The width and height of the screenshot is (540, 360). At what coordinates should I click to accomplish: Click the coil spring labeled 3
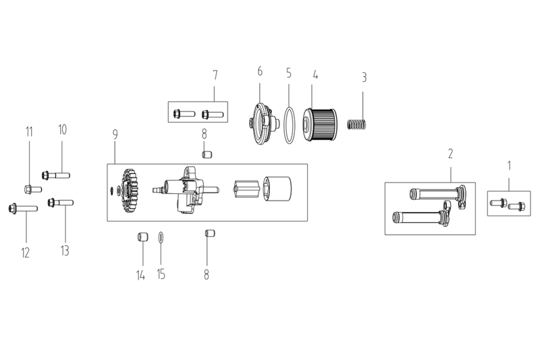[357, 124]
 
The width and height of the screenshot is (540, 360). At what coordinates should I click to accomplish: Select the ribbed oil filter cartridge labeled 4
[319, 125]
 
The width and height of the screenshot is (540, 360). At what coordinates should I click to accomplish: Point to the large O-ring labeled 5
[290, 126]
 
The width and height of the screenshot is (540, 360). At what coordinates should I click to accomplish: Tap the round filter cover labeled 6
[263, 124]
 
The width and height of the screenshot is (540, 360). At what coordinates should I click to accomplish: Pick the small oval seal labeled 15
[161, 237]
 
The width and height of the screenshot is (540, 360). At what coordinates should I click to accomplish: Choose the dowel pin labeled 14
[142, 237]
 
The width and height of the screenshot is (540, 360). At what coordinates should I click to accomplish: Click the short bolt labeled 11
[33, 189]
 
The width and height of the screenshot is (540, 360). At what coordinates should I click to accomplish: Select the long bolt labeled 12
[23, 209]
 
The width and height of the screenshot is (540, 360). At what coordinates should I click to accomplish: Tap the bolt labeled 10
[56, 176]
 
